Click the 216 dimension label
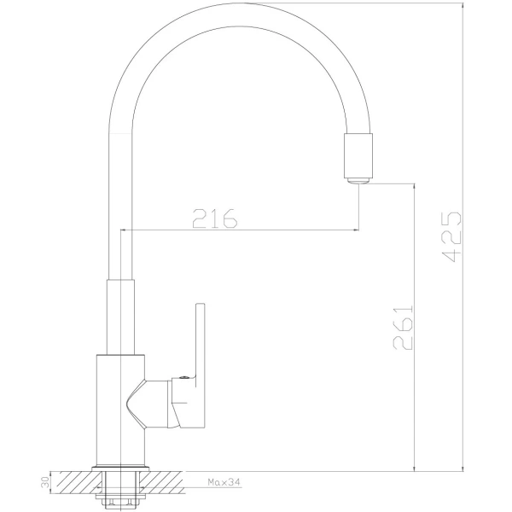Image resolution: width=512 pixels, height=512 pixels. pos(213,218)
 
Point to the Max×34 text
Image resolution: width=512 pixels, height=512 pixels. pos(224,483)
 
